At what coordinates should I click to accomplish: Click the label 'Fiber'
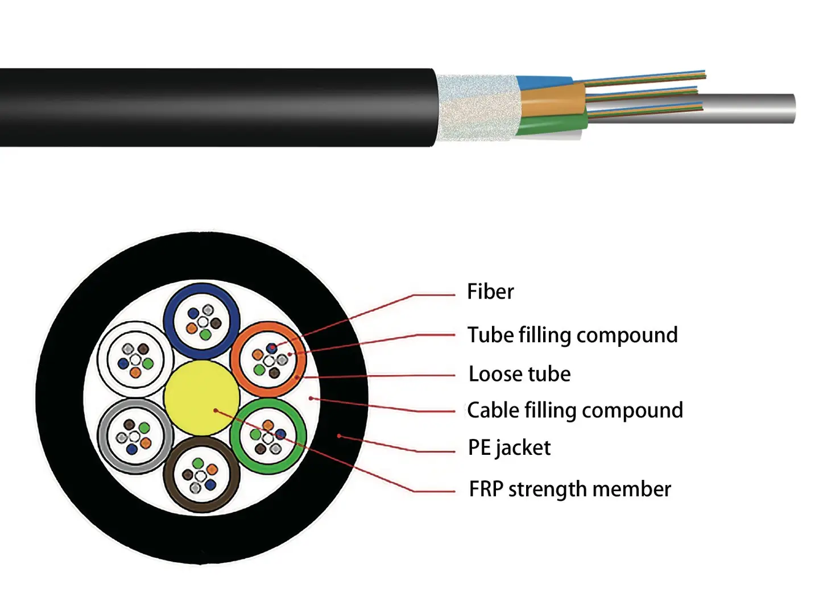coord(490,292)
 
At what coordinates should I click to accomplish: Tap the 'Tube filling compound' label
coord(572,335)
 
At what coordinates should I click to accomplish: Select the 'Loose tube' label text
coord(519,374)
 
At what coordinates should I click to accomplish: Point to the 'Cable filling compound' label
coord(574,410)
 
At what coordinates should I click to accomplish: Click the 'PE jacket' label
coord(509,448)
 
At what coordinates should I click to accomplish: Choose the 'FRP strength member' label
coord(570,489)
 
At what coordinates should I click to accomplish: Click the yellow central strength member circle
coord(201,398)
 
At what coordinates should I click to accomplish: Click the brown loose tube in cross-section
coord(201,504)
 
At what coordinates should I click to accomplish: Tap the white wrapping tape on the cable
coord(478,108)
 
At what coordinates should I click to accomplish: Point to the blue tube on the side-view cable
coord(543,83)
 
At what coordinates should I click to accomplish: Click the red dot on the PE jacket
coord(339,436)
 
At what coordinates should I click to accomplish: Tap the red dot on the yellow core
coord(216,410)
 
